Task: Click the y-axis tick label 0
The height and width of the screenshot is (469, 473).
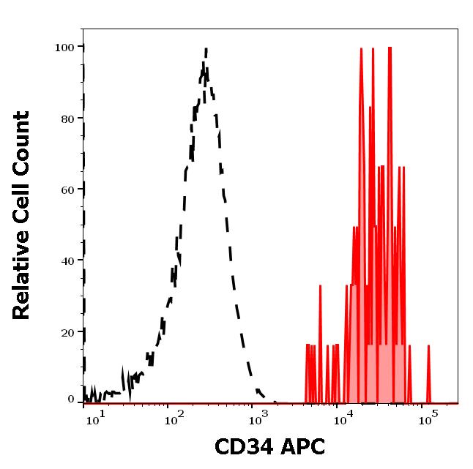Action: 72,399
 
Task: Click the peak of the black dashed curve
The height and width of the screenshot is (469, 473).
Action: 206,50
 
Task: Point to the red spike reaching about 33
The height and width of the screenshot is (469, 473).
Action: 320,287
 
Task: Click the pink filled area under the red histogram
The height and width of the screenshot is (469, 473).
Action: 366,366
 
